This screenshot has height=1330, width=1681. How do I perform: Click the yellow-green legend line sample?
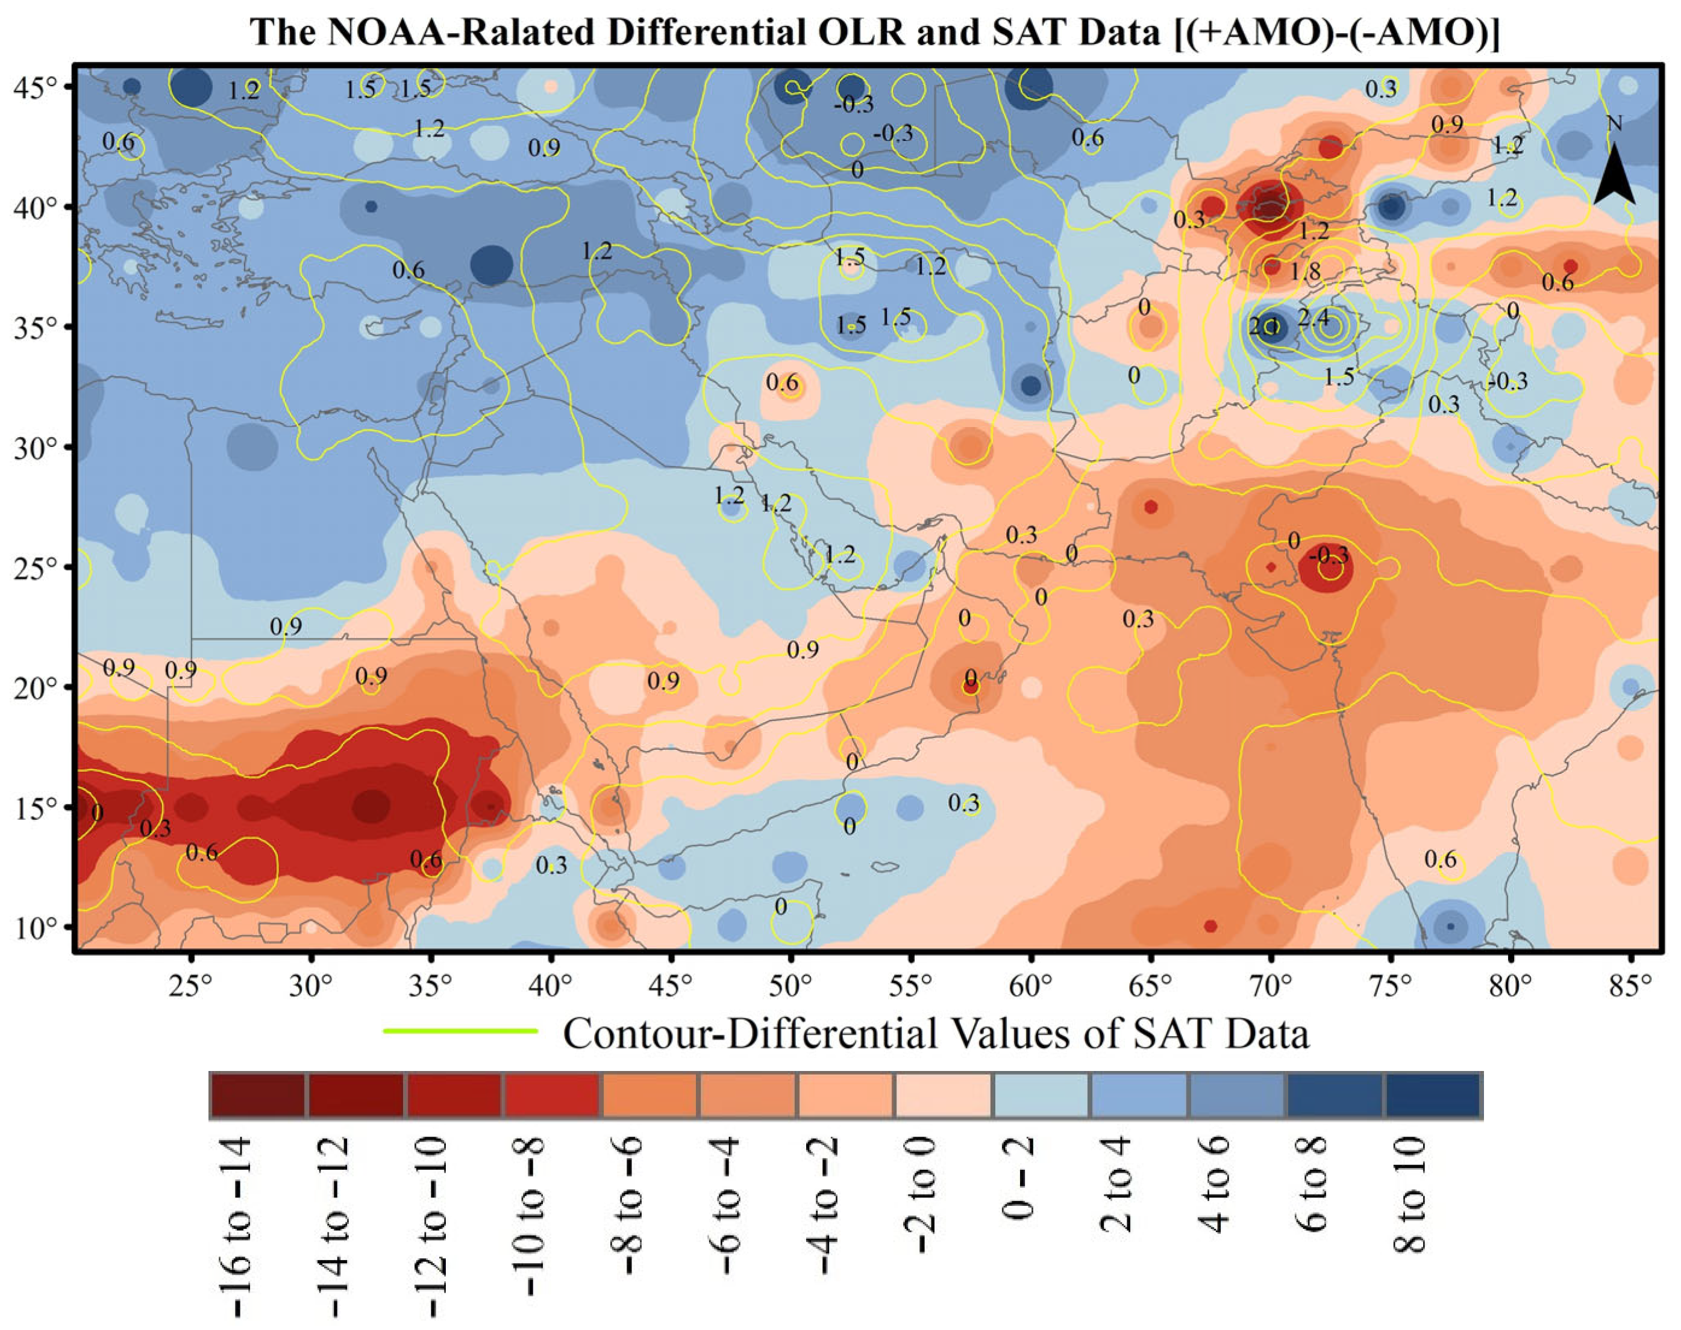click(460, 1032)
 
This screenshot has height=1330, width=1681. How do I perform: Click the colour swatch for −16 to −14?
click(257, 1096)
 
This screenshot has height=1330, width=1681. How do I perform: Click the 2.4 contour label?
click(1313, 317)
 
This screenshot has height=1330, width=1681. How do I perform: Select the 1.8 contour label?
click(1305, 271)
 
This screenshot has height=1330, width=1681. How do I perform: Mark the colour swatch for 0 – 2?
click(1041, 1096)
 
